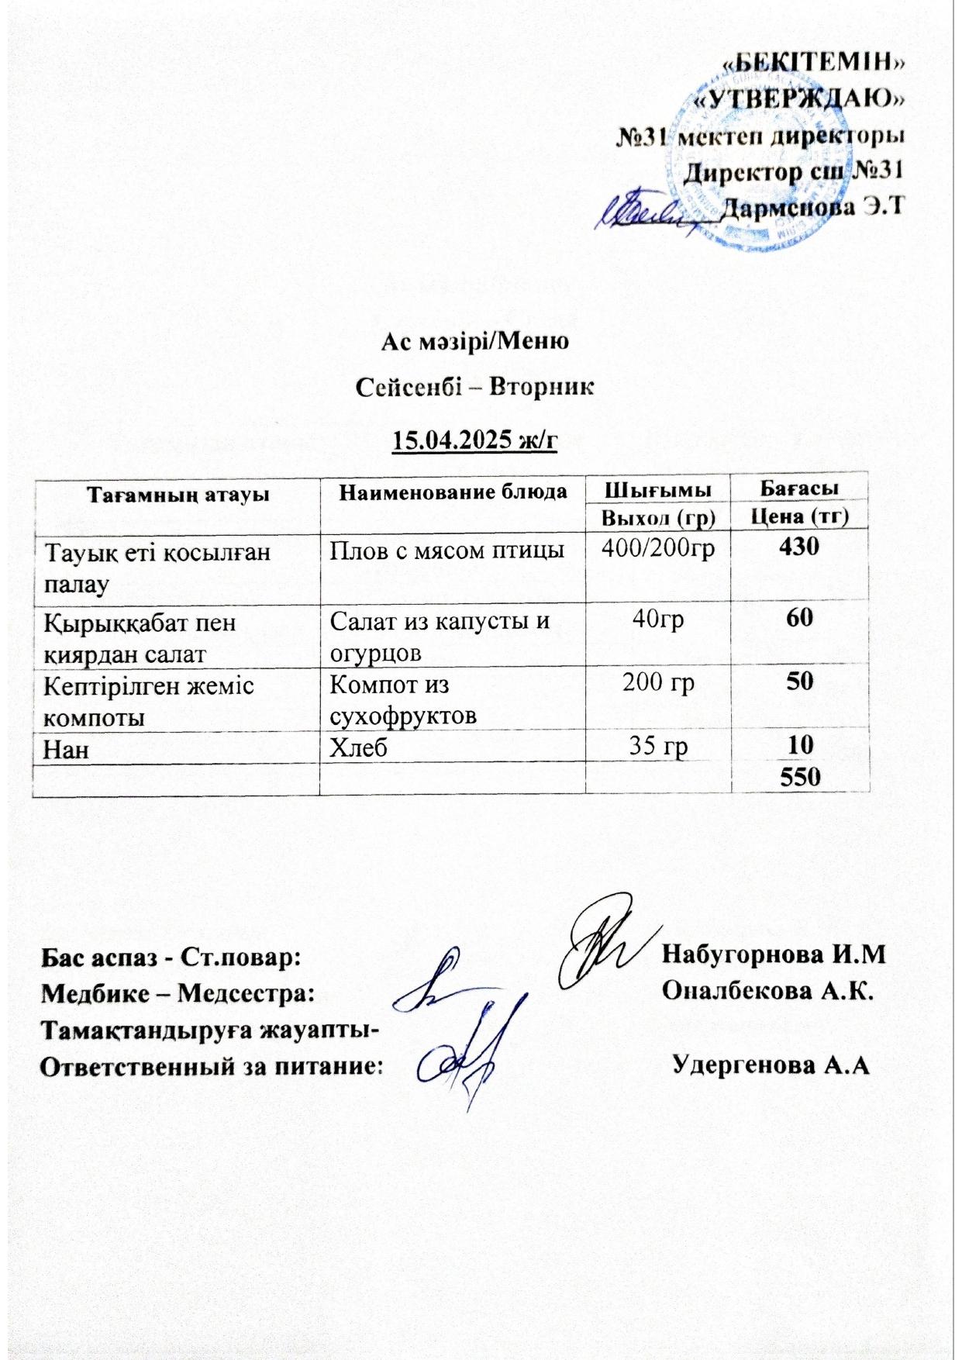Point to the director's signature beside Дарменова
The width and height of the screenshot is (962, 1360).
point(643,211)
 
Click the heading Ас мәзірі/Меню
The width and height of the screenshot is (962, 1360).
point(475,341)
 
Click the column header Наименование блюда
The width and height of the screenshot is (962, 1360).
point(453,492)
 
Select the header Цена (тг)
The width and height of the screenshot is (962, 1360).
point(798,516)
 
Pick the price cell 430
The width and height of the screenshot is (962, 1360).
point(798,547)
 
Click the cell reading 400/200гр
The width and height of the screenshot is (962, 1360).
point(657,549)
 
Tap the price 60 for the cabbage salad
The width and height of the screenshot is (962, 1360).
point(799,618)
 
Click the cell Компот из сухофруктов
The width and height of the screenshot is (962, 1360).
point(403,698)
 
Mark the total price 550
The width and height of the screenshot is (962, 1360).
point(800,778)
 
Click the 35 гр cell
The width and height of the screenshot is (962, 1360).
point(657,746)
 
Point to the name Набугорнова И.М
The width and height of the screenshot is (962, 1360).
point(773,954)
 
